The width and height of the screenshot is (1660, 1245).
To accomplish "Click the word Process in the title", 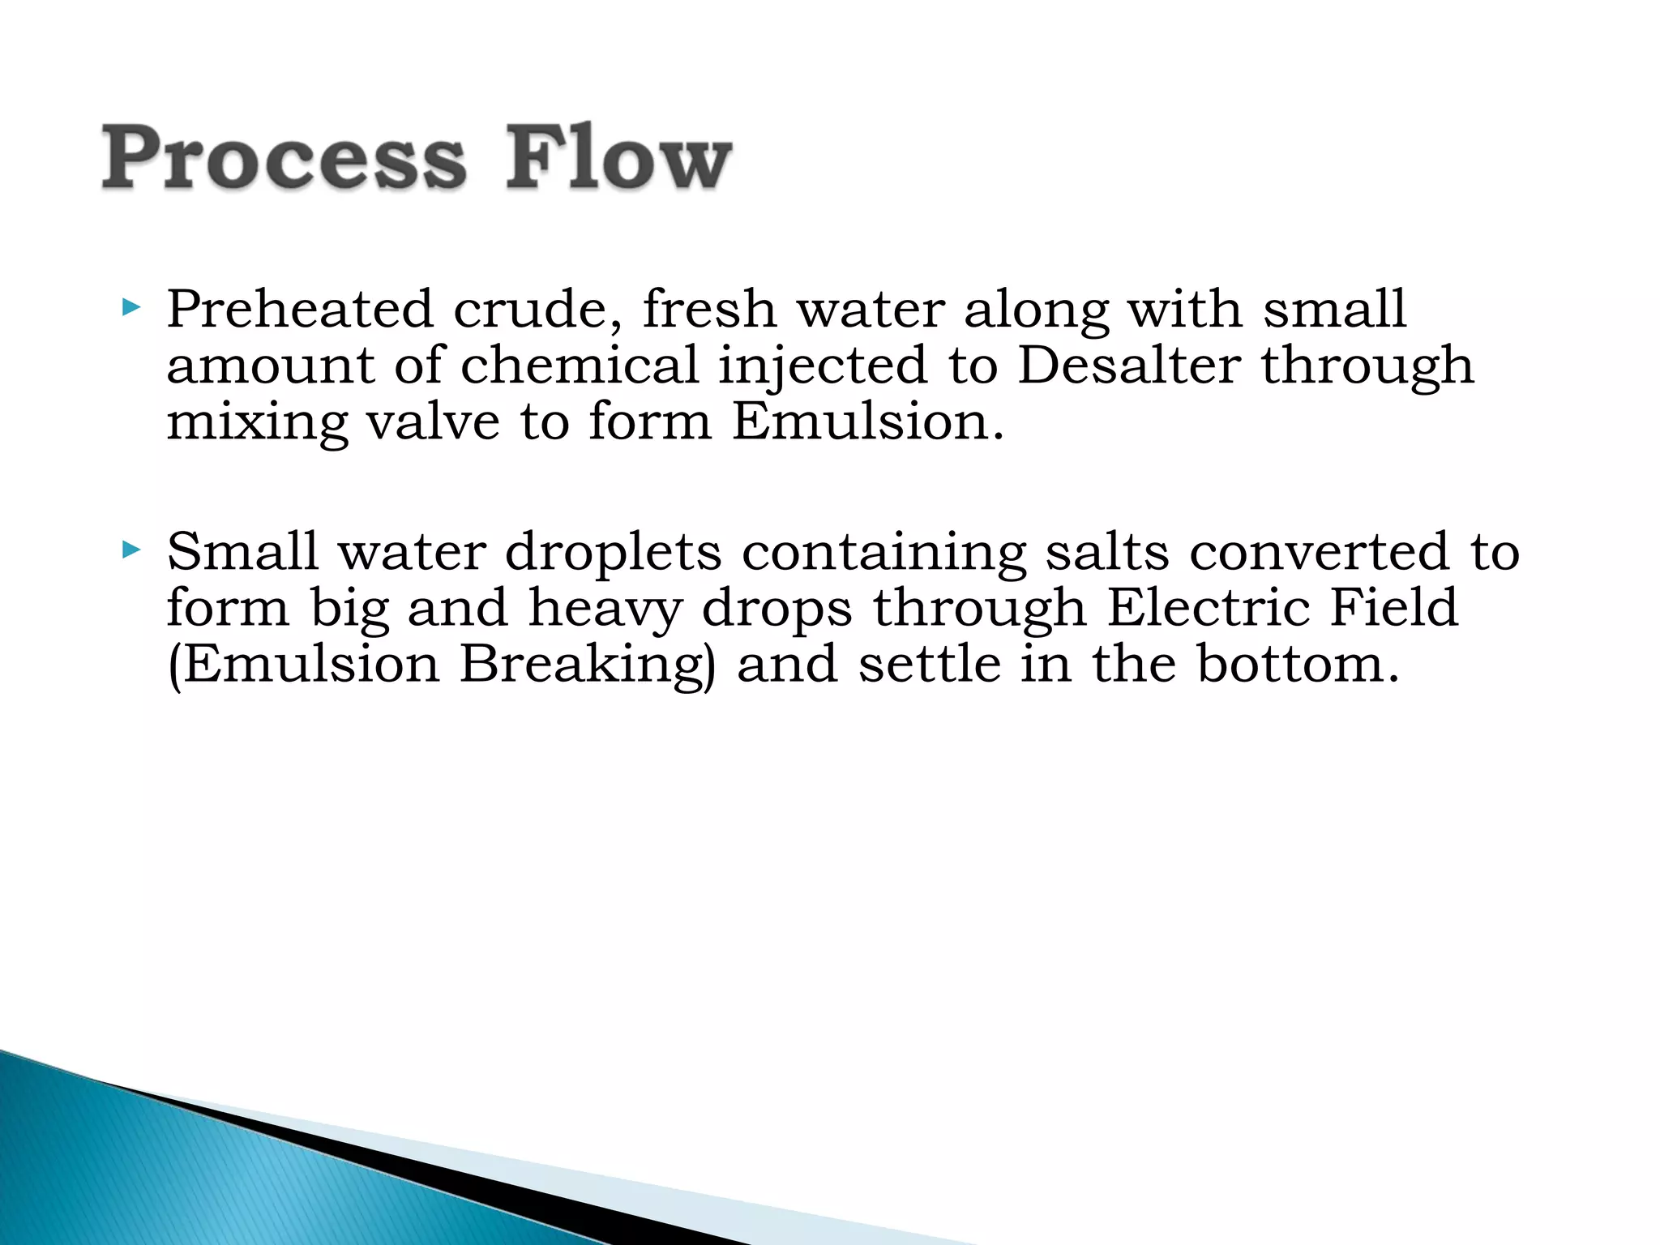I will (284, 158).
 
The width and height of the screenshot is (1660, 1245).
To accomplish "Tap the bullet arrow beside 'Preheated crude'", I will (130, 307).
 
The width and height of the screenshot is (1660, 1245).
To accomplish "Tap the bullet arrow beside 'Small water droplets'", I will (130, 550).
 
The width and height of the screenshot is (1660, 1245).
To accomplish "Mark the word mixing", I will (257, 423).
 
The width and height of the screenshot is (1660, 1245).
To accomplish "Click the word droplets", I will (613, 553).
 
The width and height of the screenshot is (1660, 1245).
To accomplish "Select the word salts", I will (1106, 551).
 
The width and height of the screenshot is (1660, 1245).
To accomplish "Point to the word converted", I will (1319, 551).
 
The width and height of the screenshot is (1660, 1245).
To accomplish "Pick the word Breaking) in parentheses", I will (588, 665).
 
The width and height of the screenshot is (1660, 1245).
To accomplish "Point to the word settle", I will (930, 664).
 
